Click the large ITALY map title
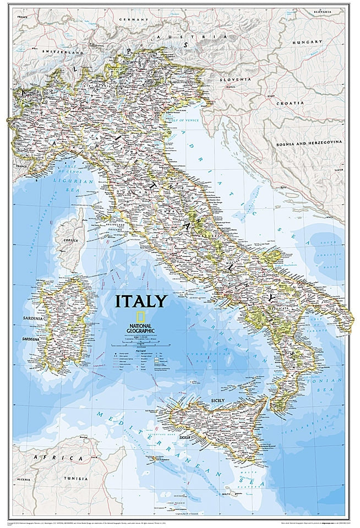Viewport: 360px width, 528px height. coord(140,301)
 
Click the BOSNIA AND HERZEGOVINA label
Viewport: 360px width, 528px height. coord(308,142)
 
